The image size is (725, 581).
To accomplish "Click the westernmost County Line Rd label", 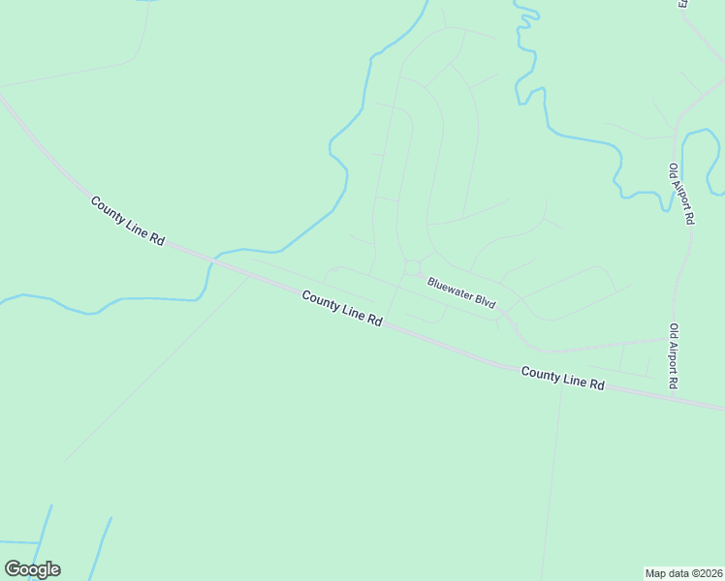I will pyautogui.click(x=128, y=221).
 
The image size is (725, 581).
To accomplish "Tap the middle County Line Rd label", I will pyautogui.click(x=341, y=309).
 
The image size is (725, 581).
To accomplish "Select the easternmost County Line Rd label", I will pyautogui.click(x=562, y=378).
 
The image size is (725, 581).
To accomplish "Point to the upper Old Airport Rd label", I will pyautogui.click(x=681, y=194).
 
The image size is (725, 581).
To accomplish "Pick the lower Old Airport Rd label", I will pyautogui.click(x=673, y=356).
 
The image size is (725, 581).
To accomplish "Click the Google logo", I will pyautogui.click(x=32, y=569).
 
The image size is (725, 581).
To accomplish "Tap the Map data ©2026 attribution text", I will pyautogui.click(x=683, y=572).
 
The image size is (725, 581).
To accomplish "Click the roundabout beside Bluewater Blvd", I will pyautogui.click(x=412, y=267).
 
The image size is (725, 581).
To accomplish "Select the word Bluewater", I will pyautogui.click(x=450, y=289).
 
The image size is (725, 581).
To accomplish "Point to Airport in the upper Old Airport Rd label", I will pyautogui.click(x=681, y=197).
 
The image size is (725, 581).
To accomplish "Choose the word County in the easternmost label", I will pyautogui.click(x=539, y=373).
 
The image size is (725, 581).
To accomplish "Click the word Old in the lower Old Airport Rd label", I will pyautogui.click(x=673, y=331).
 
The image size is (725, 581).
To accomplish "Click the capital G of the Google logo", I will pyautogui.click(x=14, y=569).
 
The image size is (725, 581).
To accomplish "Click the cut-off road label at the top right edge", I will pyautogui.click(x=682, y=4).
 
